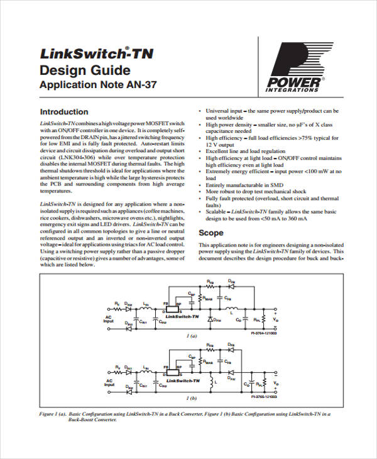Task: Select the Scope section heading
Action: (x=210, y=233)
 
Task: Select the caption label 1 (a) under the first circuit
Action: (x=191, y=336)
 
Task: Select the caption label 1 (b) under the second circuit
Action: (x=191, y=397)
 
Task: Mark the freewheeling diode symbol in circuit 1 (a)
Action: (x=211, y=320)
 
